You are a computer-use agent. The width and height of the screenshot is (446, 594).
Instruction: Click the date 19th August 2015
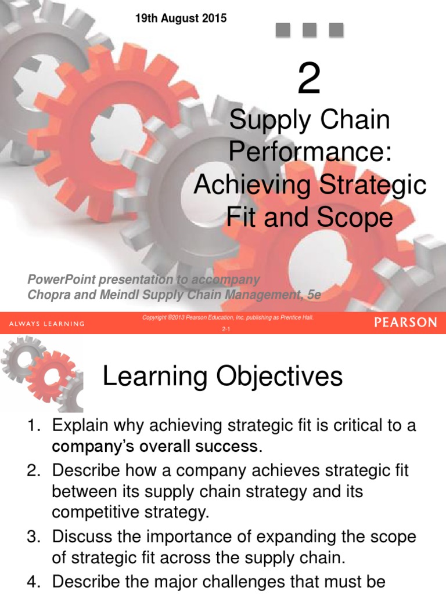(181, 19)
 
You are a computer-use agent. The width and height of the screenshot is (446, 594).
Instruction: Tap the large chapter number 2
(308, 79)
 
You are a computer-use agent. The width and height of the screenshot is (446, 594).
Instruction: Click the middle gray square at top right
(309, 30)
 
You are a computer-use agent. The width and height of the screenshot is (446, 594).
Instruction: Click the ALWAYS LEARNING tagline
(47, 324)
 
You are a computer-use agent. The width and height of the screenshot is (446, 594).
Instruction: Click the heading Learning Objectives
(222, 378)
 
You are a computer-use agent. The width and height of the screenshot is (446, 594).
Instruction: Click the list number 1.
(33, 425)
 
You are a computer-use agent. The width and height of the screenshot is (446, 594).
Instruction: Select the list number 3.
(33, 537)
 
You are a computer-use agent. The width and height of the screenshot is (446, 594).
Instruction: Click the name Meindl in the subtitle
(123, 295)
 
